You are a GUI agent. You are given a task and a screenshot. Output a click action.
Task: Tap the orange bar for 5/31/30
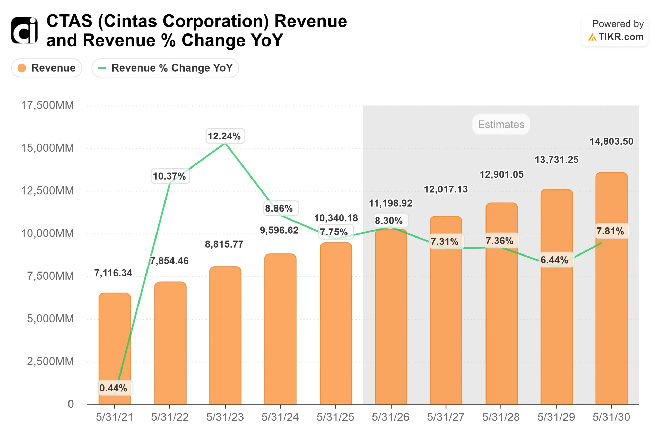[611, 288]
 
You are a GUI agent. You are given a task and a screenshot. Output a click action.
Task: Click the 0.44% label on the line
[114, 388]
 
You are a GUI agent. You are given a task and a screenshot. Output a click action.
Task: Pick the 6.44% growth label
[554, 260]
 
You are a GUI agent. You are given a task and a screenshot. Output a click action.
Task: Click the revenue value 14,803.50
[611, 141]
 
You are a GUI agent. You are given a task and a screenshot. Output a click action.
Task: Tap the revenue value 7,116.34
[113, 273]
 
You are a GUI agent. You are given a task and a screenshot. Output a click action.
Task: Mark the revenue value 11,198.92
[391, 203]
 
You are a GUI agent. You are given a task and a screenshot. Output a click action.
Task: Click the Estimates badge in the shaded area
[501, 124]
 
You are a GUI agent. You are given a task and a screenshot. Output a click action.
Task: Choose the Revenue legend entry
[47, 68]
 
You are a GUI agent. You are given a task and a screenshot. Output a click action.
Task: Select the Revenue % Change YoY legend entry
[165, 68]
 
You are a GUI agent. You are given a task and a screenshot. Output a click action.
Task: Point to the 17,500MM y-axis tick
[48, 106]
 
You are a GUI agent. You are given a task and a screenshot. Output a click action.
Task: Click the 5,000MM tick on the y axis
[50, 319]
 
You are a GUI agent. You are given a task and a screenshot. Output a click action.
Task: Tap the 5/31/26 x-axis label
[391, 417]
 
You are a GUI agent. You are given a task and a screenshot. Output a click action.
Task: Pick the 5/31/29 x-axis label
[556, 417]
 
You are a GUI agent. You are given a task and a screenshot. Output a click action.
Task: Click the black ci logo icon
[24, 31]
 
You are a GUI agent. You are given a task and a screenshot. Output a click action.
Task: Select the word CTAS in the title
[69, 21]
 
